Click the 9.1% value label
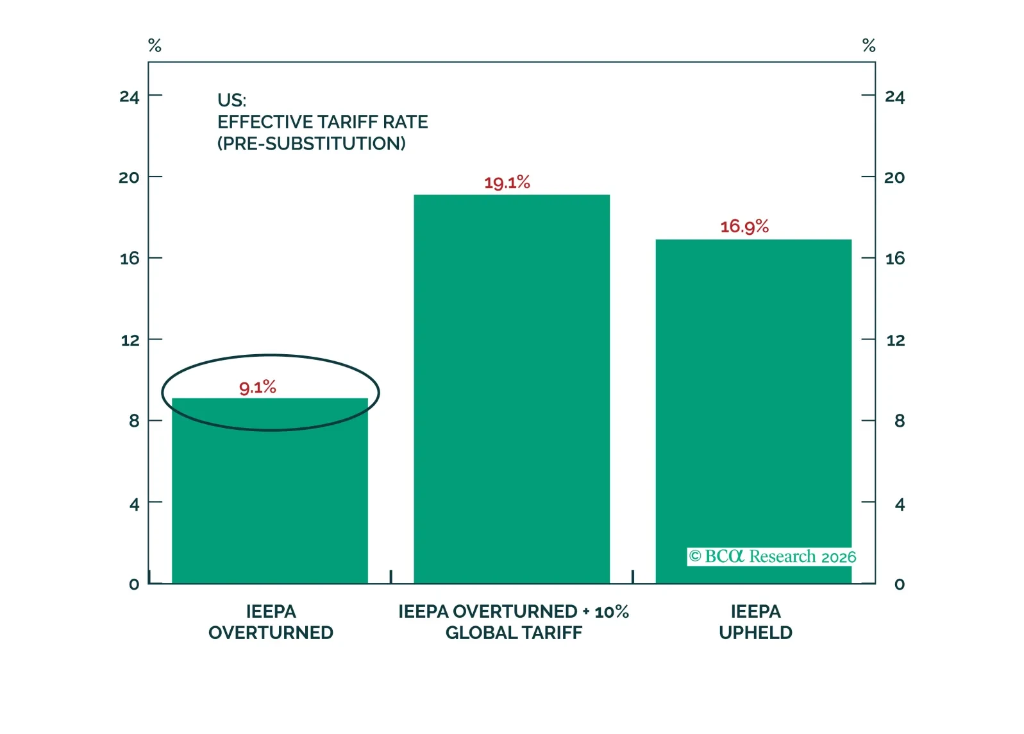click(x=258, y=387)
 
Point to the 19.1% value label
click(x=507, y=183)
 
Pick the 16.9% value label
click(x=744, y=226)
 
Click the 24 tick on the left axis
click(x=130, y=97)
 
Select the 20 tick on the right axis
click(x=894, y=178)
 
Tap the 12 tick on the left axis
click(x=130, y=340)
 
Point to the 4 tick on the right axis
click(x=900, y=504)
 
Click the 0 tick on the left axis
click(x=134, y=584)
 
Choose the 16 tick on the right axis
click(x=895, y=259)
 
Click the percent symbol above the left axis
click(x=155, y=46)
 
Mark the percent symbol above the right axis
click(x=869, y=46)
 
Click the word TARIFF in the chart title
click(x=348, y=122)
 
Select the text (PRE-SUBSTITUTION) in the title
click(x=312, y=143)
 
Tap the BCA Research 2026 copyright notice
click(x=773, y=556)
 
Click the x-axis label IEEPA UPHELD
click(x=755, y=622)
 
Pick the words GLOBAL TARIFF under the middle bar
click(x=514, y=633)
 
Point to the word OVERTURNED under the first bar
click(x=271, y=633)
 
